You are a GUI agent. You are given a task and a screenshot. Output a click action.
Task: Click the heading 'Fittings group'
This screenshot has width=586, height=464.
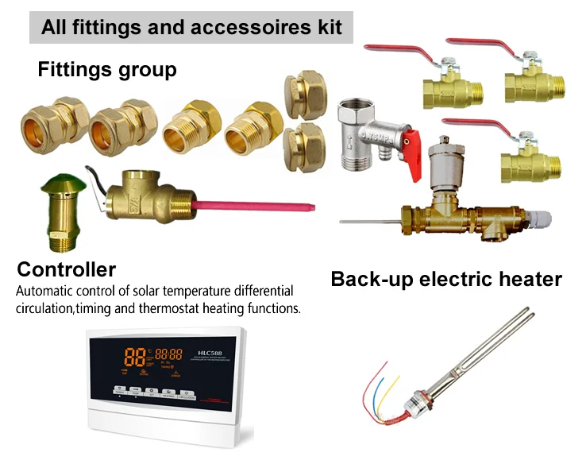(x=107, y=70)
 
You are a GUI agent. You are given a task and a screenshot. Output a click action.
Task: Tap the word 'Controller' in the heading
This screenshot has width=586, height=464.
(x=67, y=269)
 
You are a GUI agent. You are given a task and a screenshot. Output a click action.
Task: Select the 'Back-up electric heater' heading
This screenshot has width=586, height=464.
(x=446, y=280)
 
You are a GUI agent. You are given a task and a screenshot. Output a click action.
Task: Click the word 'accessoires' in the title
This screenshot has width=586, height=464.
(x=257, y=27)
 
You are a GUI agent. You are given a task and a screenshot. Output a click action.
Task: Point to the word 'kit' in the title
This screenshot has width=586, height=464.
(x=328, y=27)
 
